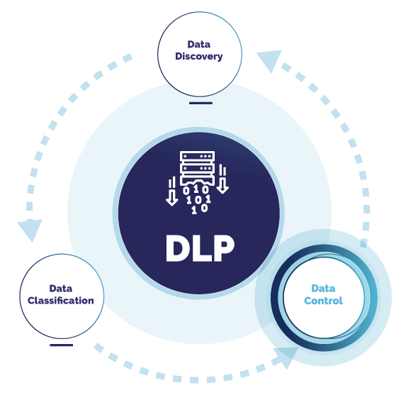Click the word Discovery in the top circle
[200, 56]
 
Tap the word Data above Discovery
[200, 44]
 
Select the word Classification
[61, 300]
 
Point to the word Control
[324, 301]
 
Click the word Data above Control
[324, 289]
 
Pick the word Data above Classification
[61, 288]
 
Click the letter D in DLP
[178, 248]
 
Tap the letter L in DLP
[202, 248]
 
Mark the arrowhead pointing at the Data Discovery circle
[269, 62]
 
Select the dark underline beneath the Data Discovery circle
[201, 103]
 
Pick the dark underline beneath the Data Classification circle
[62, 345]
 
